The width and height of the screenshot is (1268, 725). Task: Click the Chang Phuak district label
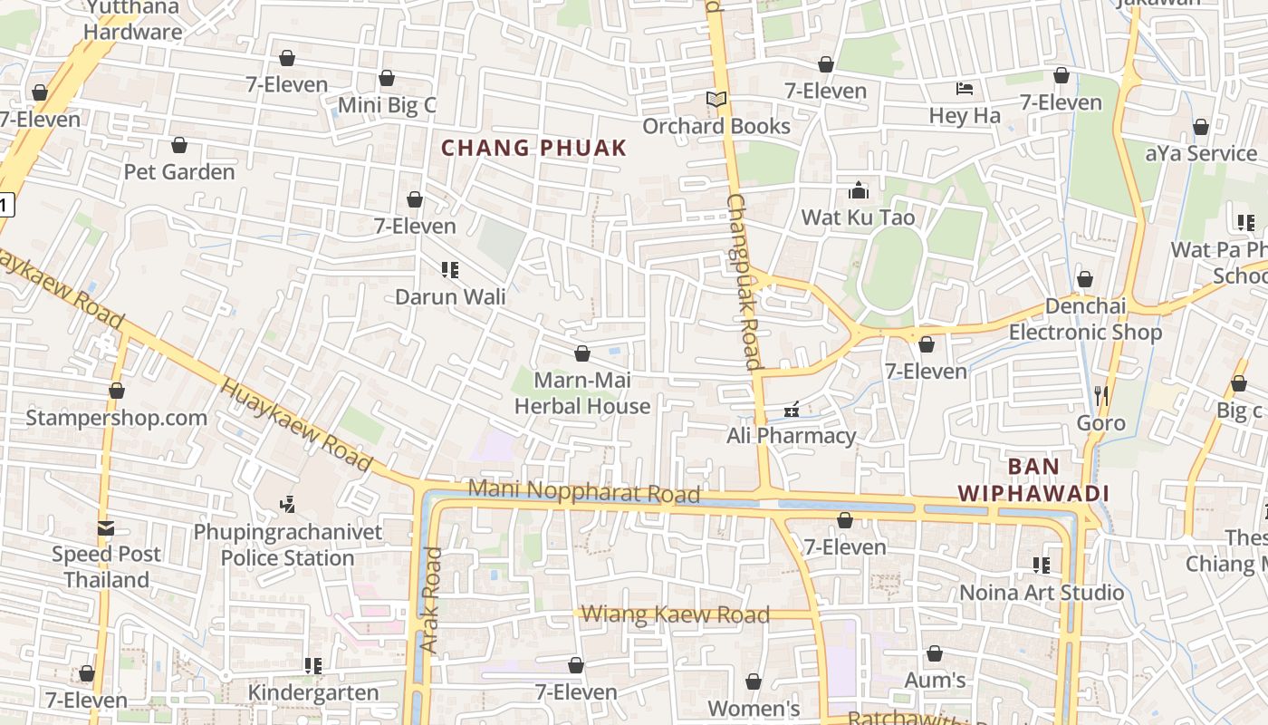(533, 148)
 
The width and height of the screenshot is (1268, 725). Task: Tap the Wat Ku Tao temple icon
(858, 190)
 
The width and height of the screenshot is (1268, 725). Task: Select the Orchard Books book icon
(716, 100)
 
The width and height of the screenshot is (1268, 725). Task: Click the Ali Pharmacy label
(791, 436)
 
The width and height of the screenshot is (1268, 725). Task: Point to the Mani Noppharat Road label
(583, 492)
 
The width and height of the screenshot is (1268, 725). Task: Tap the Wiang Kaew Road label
(675, 614)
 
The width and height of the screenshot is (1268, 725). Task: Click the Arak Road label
(431, 600)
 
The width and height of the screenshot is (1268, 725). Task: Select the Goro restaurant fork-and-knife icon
(1100, 395)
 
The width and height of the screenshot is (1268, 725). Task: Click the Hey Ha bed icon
(965, 89)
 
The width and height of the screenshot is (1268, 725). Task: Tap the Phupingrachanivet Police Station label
(287, 545)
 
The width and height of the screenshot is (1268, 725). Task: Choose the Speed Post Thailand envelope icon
(106, 527)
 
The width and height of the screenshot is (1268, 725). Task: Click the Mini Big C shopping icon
(387, 79)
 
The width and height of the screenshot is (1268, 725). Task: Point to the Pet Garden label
(178, 171)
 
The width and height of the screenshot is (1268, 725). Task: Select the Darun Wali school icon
(450, 270)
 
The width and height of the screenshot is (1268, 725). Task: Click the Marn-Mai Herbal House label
(582, 393)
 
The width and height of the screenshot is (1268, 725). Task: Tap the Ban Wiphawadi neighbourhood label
(1033, 480)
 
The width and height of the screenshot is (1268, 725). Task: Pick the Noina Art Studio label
(1042, 593)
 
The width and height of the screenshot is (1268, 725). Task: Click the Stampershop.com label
(116, 418)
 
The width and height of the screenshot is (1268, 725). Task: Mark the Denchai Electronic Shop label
(1085, 319)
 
